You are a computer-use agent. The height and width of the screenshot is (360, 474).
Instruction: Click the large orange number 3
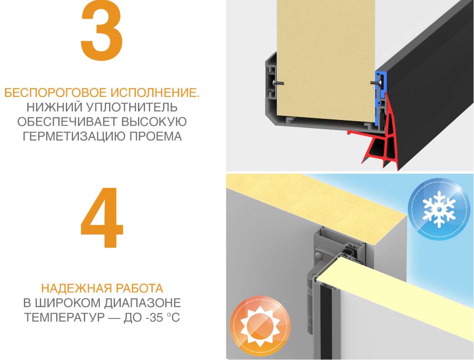(x=102, y=33)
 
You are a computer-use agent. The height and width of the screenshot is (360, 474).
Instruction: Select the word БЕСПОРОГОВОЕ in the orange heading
(x=55, y=93)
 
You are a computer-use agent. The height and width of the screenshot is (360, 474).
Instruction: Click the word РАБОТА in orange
(x=138, y=289)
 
